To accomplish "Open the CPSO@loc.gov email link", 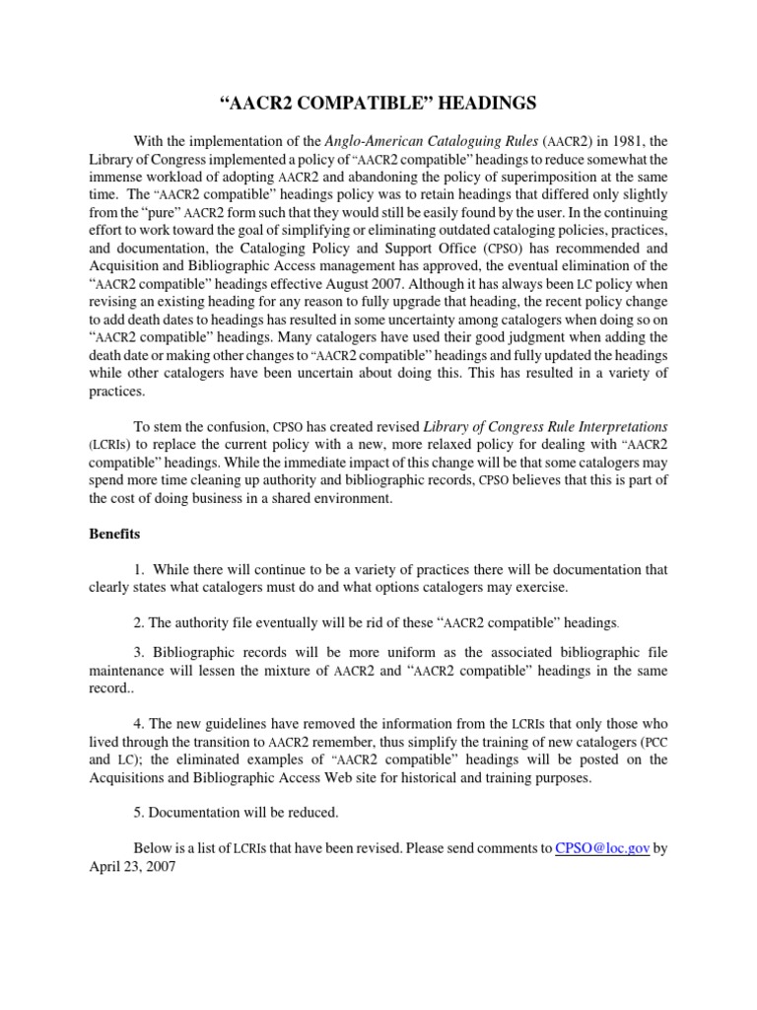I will tap(602, 849).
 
